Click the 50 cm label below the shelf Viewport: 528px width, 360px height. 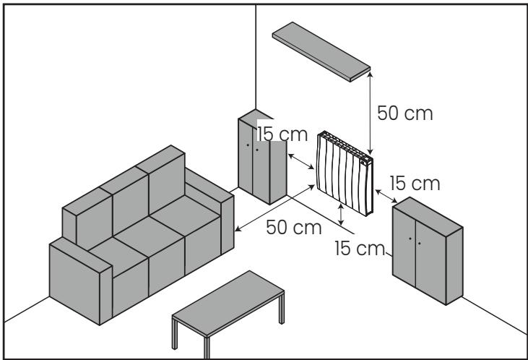405,114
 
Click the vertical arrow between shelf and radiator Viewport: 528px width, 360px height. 370,108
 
